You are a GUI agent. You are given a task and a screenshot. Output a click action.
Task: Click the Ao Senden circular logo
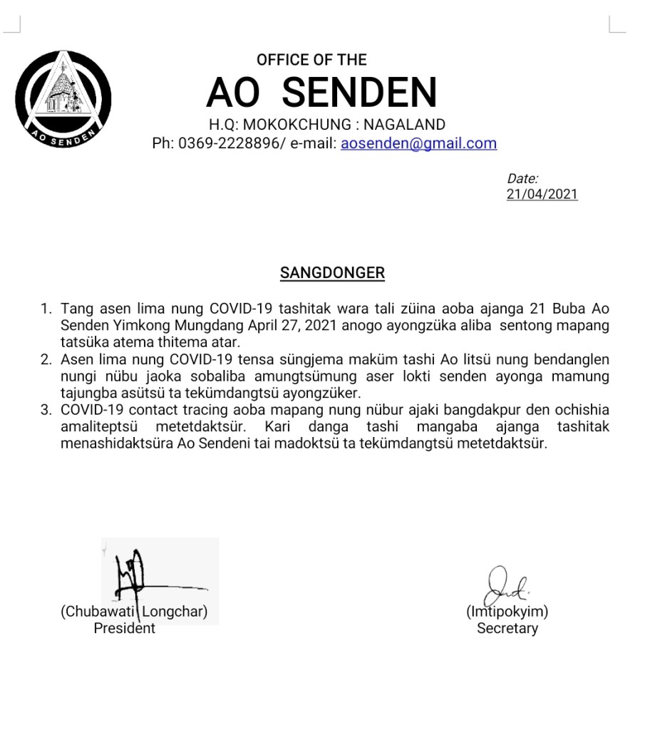(x=63, y=98)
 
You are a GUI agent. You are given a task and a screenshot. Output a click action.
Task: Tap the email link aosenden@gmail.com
(x=418, y=143)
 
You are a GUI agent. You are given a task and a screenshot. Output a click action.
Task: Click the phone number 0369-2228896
(x=230, y=143)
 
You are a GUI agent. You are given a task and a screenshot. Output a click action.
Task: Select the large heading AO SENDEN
(x=321, y=93)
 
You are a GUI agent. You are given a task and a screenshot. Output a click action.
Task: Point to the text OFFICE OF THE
(x=311, y=60)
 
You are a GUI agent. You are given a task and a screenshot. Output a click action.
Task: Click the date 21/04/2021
(x=542, y=194)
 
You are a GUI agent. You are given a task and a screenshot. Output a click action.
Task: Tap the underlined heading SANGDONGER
(x=332, y=272)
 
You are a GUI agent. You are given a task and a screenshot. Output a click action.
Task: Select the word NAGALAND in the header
(x=405, y=125)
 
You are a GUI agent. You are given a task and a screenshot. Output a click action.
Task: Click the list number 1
(x=46, y=309)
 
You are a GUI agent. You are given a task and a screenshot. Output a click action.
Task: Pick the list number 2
(x=46, y=359)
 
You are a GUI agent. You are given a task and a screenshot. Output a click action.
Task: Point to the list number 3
(x=46, y=411)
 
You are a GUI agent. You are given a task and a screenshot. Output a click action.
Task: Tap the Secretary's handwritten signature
(x=505, y=586)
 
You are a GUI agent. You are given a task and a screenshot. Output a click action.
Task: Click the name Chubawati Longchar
(x=134, y=612)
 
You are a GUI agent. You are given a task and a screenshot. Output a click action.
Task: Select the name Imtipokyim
(x=507, y=612)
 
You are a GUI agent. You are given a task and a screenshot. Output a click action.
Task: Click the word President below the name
(x=125, y=629)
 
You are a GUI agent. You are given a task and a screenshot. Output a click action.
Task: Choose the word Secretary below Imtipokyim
(x=507, y=629)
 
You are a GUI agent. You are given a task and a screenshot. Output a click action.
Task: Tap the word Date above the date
(x=522, y=179)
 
